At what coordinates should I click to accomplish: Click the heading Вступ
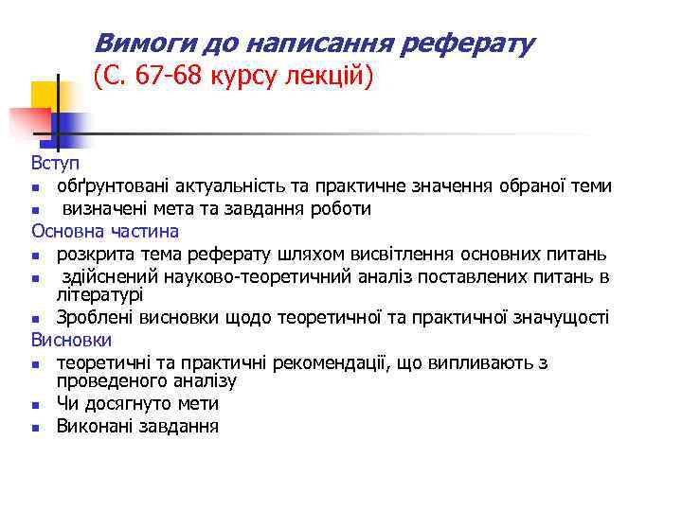coord(56,163)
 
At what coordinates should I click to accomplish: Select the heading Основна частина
coord(105,231)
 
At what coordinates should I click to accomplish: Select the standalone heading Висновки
coord(71,340)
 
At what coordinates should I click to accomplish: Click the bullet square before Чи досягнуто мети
coord(35,405)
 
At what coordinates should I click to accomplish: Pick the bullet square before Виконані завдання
coord(35,428)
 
